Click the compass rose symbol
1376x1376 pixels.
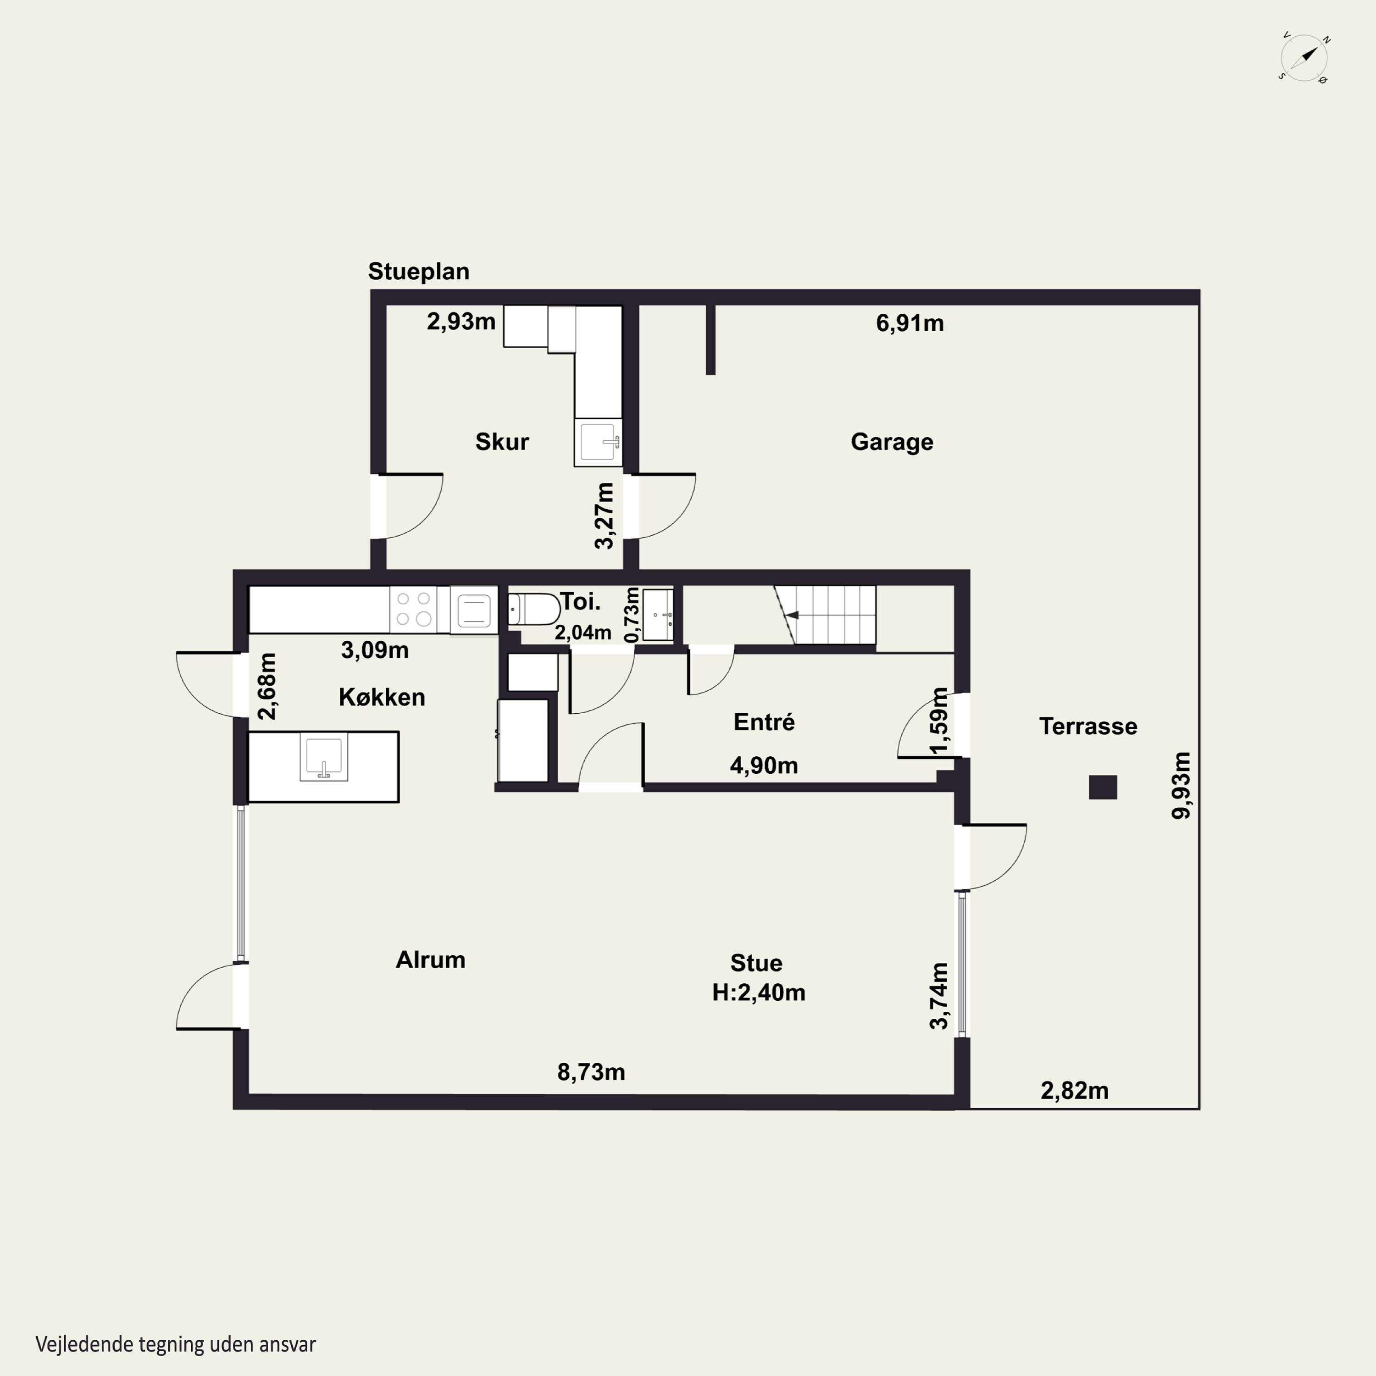pyautogui.click(x=1304, y=58)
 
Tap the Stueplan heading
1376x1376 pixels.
pyautogui.click(x=419, y=272)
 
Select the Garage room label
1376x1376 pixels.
pyautogui.click(x=892, y=442)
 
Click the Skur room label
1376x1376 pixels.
pyautogui.click(x=502, y=442)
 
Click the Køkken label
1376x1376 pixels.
pyautogui.click(x=382, y=697)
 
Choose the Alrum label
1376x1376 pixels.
pyautogui.click(x=430, y=960)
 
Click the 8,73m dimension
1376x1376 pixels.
pyautogui.click(x=591, y=1072)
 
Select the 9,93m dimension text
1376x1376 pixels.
pyautogui.click(x=1182, y=786)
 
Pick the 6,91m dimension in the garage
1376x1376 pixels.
pyautogui.click(x=910, y=323)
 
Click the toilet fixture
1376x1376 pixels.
pyautogui.click(x=534, y=610)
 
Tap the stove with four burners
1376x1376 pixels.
pyautogui.click(x=414, y=610)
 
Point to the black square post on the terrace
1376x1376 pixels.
pyautogui.click(x=1103, y=787)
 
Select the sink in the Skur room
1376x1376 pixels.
pyautogui.click(x=598, y=442)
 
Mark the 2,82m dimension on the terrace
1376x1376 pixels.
pyautogui.click(x=1075, y=1090)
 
